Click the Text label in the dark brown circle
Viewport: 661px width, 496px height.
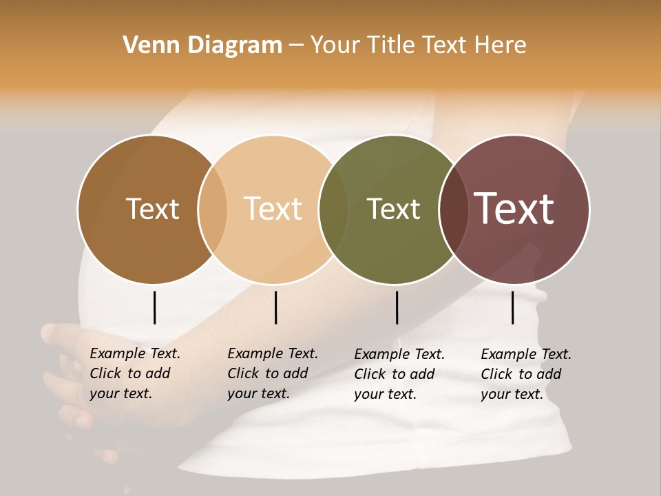[x=152, y=209]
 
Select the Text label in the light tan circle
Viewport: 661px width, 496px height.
[x=273, y=209]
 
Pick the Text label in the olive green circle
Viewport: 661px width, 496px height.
[x=394, y=209]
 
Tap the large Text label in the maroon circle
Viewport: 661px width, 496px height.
[x=514, y=209]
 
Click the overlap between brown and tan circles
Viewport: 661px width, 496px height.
[x=213, y=209]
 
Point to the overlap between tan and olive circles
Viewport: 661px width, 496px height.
[x=333, y=209]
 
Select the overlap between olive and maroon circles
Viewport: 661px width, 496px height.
[x=453, y=209]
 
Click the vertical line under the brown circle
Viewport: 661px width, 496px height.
[x=155, y=307]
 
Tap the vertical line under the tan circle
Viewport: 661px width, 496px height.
[x=275, y=307]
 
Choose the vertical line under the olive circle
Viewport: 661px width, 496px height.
[x=397, y=307]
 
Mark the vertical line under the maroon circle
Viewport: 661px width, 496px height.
[x=513, y=307]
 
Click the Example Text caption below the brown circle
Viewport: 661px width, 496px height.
[x=135, y=373]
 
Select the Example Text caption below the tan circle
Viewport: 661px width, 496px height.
[x=273, y=373]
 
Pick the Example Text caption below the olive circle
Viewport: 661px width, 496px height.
[x=399, y=374]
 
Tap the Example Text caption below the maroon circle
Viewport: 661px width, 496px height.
[x=526, y=374]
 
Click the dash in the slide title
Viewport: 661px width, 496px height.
[x=296, y=46]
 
